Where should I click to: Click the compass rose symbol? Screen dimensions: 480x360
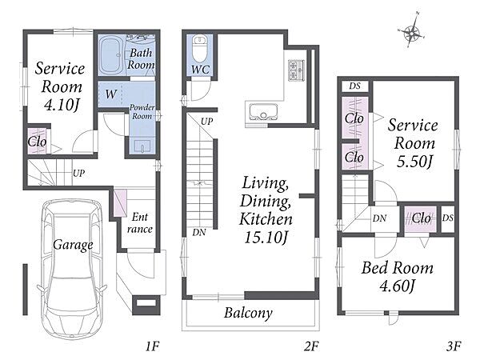pyautogui.click(x=412, y=30)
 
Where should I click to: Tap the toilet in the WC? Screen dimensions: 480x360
pyautogui.click(x=199, y=49)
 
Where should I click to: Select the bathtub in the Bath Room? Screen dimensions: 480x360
pyautogui.click(x=111, y=56)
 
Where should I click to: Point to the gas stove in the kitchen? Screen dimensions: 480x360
pyautogui.click(x=296, y=70)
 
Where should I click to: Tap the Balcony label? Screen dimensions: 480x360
pyautogui.click(x=248, y=313)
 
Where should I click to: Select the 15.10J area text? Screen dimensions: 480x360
pyautogui.click(x=266, y=237)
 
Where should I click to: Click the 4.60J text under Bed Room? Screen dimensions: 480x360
pyautogui.click(x=397, y=286)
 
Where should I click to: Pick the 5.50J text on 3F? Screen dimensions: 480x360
pyautogui.click(x=414, y=162)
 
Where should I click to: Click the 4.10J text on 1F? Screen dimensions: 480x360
pyautogui.click(x=62, y=105)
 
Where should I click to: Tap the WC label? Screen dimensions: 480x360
pyautogui.click(x=200, y=70)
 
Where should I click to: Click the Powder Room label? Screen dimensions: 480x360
pyautogui.click(x=142, y=112)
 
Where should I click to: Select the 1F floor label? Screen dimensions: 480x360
pyautogui.click(x=152, y=346)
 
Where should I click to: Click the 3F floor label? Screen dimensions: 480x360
pyautogui.click(x=454, y=346)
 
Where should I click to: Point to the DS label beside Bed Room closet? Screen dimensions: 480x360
pyautogui.click(x=447, y=218)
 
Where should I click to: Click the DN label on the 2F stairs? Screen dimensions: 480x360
pyautogui.click(x=199, y=233)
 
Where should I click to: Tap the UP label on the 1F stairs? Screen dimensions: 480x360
pyautogui.click(x=78, y=174)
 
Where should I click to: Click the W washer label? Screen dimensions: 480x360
pyautogui.click(x=111, y=94)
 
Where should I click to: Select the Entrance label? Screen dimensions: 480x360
pyautogui.click(x=139, y=223)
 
